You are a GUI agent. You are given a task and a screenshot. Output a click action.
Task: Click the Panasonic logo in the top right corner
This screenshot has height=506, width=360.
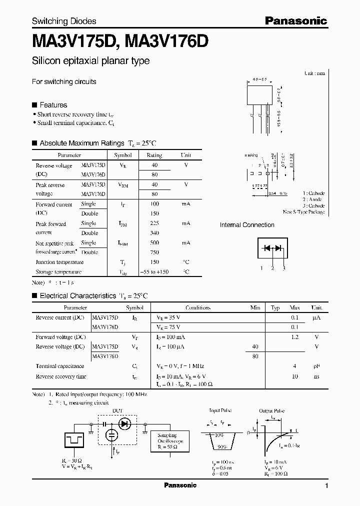point(295,20)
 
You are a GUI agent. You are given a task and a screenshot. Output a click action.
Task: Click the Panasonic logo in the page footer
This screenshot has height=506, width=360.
point(180,485)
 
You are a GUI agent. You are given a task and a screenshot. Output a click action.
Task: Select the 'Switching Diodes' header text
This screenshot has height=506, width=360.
point(64,21)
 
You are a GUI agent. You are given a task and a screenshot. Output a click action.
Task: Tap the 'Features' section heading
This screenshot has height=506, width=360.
point(53,105)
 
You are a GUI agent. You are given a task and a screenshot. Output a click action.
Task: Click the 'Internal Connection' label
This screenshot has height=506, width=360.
point(247,225)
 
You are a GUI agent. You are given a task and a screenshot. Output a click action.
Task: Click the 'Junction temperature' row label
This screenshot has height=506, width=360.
point(59,262)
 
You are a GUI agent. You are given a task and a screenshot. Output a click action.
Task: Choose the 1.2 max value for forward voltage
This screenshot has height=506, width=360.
point(295,337)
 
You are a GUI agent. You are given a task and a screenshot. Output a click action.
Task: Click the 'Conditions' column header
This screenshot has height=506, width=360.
point(198,308)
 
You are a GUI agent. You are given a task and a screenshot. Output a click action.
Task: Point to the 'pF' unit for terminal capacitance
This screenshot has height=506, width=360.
point(316,366)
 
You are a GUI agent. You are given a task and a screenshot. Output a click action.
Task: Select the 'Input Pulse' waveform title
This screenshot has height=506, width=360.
point(221,410)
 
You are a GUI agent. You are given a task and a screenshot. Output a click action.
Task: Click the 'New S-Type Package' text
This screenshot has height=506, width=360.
point(303,212)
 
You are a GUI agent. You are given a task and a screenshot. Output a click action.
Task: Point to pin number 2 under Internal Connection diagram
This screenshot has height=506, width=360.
point(272,268)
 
